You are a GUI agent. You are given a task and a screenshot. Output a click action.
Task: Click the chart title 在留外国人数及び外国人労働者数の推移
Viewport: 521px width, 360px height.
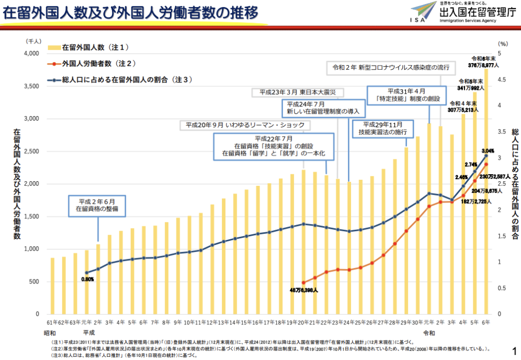pos(130,12)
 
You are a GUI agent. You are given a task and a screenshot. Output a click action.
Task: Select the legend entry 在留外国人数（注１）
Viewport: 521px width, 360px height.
pos(95,47)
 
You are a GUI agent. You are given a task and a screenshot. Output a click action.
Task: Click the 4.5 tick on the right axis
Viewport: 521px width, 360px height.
pos(502,80)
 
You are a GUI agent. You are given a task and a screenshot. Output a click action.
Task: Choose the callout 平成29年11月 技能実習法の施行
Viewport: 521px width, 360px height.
pos(384,128)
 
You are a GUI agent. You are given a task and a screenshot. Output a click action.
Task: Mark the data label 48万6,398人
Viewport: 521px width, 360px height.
pos(304,291)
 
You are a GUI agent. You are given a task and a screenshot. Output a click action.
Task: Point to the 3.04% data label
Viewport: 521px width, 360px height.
pos(487,151)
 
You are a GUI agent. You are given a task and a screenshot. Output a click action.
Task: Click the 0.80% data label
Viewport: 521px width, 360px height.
pos(88,279)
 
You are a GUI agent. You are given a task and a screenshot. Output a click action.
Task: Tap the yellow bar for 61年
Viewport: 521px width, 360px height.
pos(52,286)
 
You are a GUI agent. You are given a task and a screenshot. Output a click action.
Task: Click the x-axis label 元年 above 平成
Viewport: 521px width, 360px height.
pos(86,322)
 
